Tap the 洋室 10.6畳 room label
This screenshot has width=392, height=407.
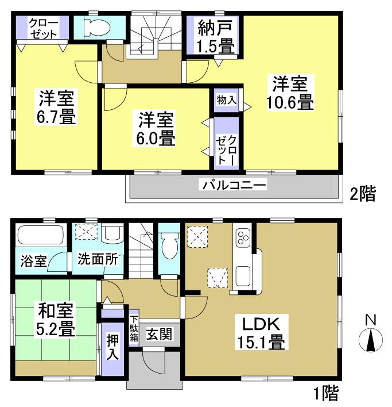click(x=289, y=94)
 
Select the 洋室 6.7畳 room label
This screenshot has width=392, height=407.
click(x=57, y=107)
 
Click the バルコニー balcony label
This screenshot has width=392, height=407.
click(x=233, y=185)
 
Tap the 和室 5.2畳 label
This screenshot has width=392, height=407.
click(x=56, y=320)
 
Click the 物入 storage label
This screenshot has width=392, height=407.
click(x=226, y=99)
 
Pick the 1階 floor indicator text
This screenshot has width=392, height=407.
click(x=325, y=394)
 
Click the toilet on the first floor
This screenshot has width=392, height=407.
click(x=169, y=246)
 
